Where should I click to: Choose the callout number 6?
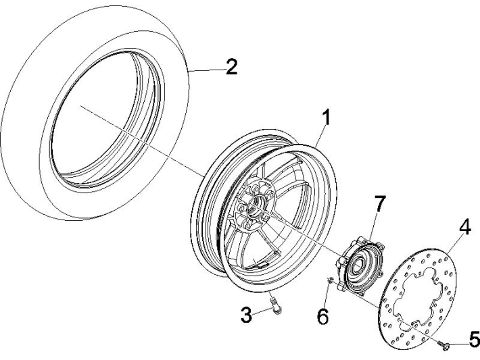(x=322, y=315)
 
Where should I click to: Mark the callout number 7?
(x=380, y=203)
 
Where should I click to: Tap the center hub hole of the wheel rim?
(x=255, y=205)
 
